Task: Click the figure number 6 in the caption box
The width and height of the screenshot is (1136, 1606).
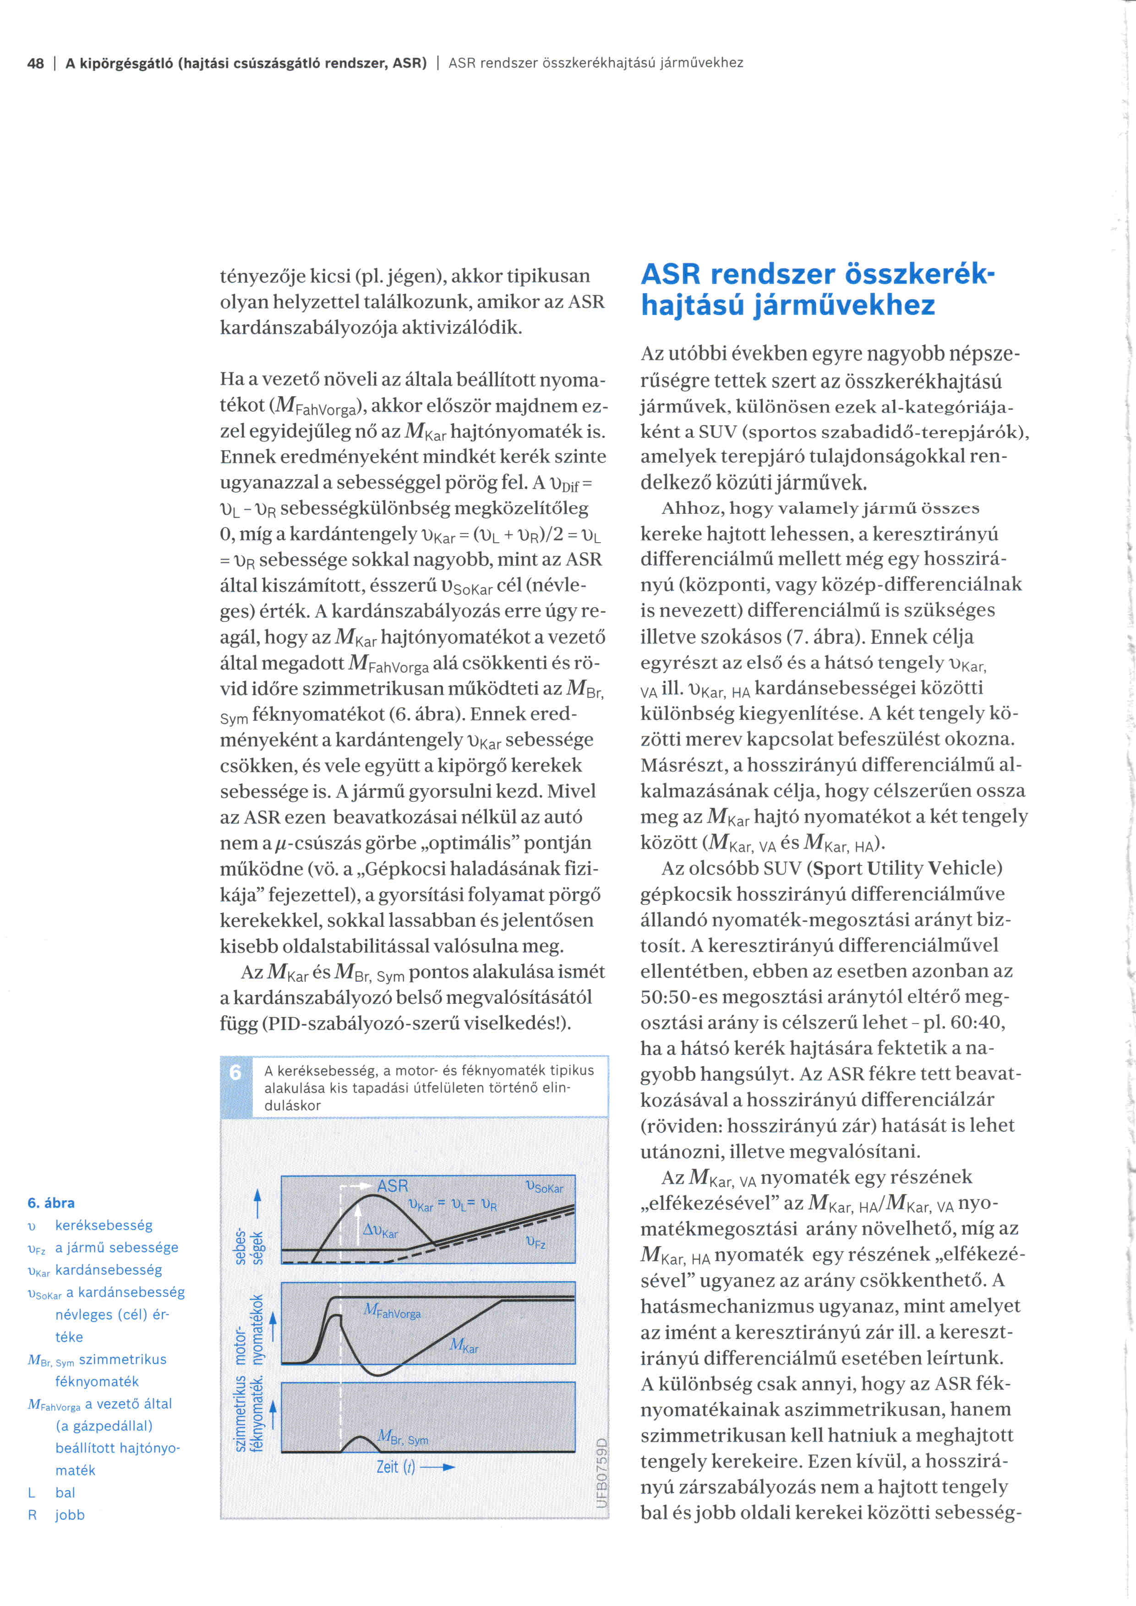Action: click(236, 1072)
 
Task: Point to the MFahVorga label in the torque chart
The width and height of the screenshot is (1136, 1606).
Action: click(393, 1311)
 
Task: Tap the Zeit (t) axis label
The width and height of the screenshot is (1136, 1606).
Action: click(396, 1467)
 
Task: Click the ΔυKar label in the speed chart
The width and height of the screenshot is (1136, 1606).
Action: click(381, 1231)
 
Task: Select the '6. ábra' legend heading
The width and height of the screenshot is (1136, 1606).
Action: click(51, 1203)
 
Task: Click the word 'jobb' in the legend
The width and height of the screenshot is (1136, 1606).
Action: click(70, 1515)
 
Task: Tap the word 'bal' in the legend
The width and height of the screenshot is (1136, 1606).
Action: click(65, 1493)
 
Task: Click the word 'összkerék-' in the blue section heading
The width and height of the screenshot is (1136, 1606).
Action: click(919, 274)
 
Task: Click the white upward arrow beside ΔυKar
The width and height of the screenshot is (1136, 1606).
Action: click(357, 1220)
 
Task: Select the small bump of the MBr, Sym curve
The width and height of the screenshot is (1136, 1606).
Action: click(360, 1443)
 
